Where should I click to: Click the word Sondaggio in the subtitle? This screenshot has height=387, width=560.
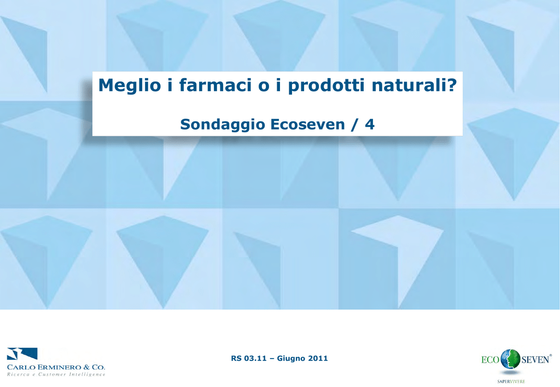click(x=223, y=125)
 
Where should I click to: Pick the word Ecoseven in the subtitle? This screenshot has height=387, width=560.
click(x=307, y=124)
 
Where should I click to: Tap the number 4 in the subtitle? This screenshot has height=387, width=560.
click(x=370, y=124)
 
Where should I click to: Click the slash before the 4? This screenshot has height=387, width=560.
click(x=354, y=125)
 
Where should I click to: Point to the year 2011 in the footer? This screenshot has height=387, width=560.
click(x=318, y=358)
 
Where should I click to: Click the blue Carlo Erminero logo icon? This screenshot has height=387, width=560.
click(x=22, y=354)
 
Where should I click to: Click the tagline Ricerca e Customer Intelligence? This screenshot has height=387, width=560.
click(x=56, y=374)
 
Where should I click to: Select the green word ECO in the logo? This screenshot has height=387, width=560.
click(x=490, y=359)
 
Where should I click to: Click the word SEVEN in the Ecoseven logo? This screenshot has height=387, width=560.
click(x=535, y=359)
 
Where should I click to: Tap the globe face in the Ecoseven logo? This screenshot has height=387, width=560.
click(x=510, y=359)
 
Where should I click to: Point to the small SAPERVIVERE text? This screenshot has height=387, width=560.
click(x=511, y=382)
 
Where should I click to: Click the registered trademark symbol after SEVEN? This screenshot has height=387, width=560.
click(x=550, y=355)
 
